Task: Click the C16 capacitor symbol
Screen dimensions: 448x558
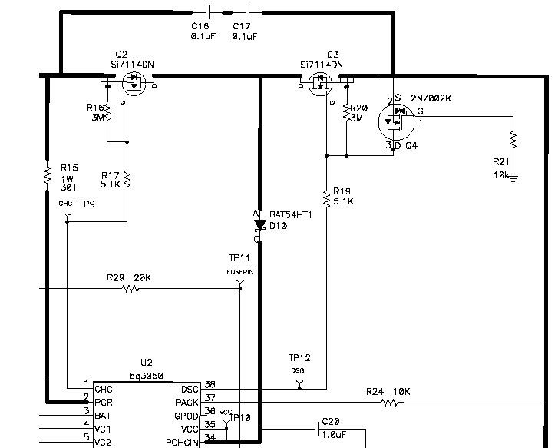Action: pos(207,12)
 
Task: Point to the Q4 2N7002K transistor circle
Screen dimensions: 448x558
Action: pos(397,119)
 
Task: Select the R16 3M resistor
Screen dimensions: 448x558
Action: pos(107,113)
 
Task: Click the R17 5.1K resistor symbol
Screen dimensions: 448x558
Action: pos(127,179)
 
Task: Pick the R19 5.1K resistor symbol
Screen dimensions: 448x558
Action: pos(326,199)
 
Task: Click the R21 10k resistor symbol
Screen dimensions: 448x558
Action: pos(513,141)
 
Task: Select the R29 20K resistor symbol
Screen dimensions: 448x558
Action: pos(130,289)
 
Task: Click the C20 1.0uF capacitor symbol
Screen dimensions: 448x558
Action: pos(315,428)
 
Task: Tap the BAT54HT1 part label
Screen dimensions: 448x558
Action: pos(291,215)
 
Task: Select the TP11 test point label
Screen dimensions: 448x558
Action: pos(239,257)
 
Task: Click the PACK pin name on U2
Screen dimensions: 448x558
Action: pos(187,402)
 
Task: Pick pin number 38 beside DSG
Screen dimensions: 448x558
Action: pos(210,385)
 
